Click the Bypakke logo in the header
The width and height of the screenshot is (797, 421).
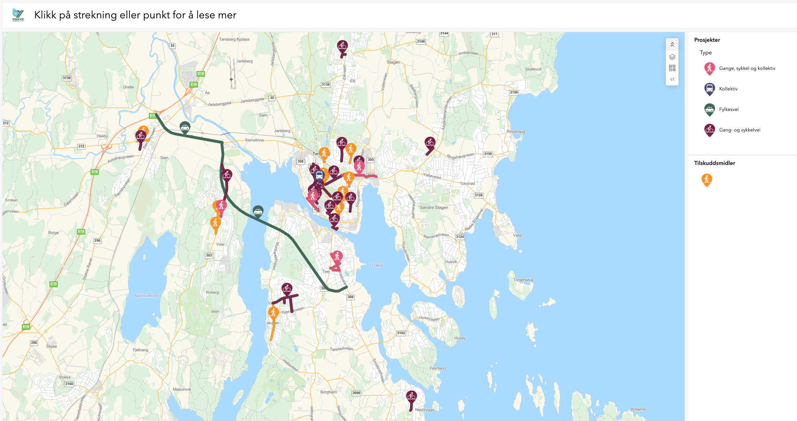(18, 15)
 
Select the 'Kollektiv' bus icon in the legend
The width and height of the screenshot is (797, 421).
(709, 89)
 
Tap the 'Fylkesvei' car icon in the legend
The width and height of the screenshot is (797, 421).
(709, 109)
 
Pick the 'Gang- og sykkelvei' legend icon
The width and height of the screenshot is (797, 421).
(709, 130)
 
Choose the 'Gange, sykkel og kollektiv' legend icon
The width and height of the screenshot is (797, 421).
(709, 68)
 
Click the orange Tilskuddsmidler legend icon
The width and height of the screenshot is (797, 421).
(707, 179)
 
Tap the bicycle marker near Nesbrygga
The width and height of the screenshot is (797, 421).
(411, 397)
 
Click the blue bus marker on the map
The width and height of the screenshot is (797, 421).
(319, 175)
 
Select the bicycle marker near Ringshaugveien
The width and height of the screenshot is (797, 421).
(430, 143)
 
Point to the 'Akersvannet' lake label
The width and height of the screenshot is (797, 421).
(146, 296)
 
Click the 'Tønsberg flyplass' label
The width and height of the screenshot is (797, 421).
(234, 39)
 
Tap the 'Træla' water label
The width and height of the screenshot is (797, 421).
(377, 265)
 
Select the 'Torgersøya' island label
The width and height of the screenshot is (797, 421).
(523, 280)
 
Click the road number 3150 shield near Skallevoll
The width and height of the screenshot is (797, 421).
(514, 92)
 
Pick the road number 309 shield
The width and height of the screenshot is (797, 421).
(351, 297)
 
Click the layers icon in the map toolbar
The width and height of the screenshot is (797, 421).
(672, 57)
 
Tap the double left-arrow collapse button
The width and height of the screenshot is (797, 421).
(672, 79)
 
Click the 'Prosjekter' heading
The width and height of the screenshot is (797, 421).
(707, 40)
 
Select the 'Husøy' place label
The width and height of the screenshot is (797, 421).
(460, 338)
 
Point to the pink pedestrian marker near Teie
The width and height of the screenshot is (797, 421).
(337, 256)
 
